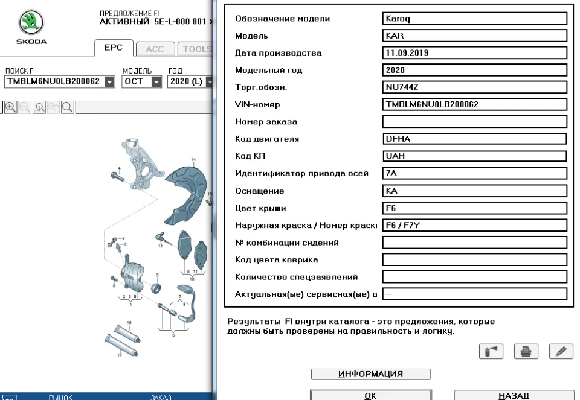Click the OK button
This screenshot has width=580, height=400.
370,395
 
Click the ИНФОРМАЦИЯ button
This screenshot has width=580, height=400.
370,374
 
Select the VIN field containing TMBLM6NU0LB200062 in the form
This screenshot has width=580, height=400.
475,104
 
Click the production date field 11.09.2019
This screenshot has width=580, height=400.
475,52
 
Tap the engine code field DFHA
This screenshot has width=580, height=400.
475,139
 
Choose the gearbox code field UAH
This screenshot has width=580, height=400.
475,156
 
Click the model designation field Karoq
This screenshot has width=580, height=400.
475,18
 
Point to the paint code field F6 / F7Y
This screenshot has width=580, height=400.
475,226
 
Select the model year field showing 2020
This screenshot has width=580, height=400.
475,70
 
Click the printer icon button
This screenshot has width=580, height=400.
526,351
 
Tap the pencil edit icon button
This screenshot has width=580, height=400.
561,351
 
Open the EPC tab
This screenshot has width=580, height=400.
114,49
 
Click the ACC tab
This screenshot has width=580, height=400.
155,49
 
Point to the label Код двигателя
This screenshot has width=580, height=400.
266,139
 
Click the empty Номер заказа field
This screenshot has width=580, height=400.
475,122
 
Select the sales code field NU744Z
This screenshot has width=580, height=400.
475,87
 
